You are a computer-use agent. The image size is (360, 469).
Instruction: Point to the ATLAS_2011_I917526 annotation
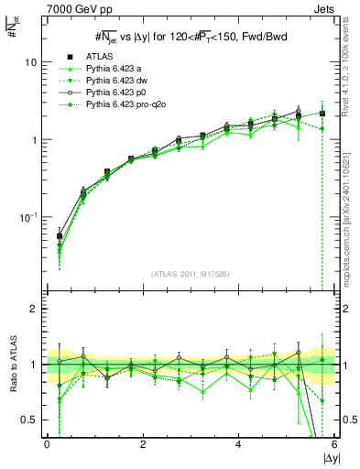tap(190, 273)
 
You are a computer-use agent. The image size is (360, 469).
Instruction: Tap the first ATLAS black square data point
tap(60, 236)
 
